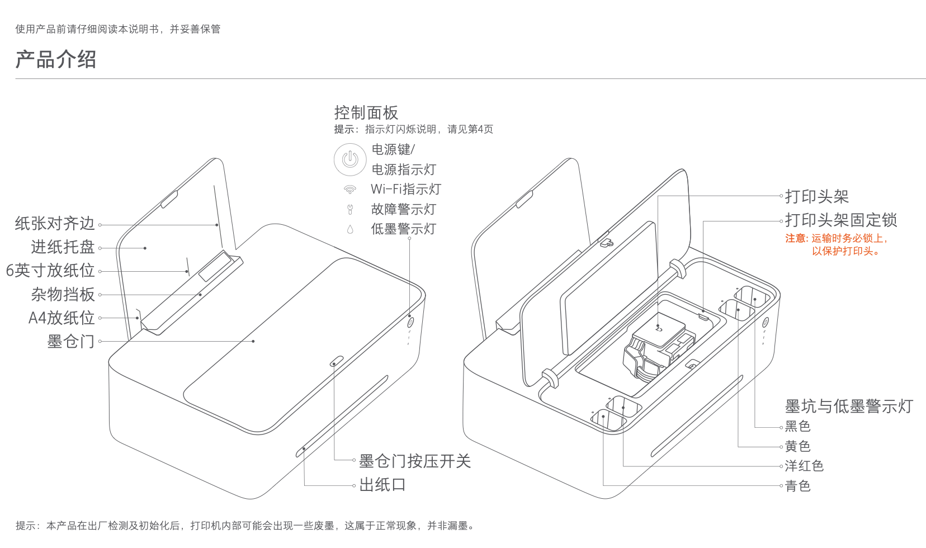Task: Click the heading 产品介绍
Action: [x=56, y=59]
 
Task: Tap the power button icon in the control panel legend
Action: [x=350, y=159]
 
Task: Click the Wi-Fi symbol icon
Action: [x=350, y=190]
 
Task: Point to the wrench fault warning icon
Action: [x=350, y=210]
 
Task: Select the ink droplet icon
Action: [x=350, y=229]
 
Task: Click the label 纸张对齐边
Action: [x=55, y=224]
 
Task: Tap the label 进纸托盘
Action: [x=63, y=247]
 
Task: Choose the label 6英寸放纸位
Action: [x=50, y=271]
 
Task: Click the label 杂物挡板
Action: [x=63, y=294]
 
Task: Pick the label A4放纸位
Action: [x=62, y=318]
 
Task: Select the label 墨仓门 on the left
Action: [x=71, y=341]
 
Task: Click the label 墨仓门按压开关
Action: [x=415, y=461]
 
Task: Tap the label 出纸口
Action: [x=382, y=485]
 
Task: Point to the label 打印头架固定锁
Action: [x=841, y=220]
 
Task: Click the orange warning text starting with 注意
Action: [x=837, y=244]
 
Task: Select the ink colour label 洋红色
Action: [x=804, y=466]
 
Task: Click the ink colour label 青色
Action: [x=798, y=486]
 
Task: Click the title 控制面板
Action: [x=366, y=113]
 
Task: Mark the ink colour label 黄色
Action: [x=798, y=446]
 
